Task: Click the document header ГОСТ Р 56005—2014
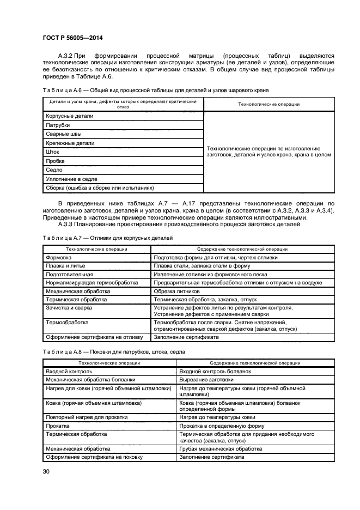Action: (x=72, y=37)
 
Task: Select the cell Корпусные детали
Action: (x=70, y=116)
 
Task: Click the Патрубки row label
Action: (x=58, y=125)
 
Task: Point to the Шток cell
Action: (x=53, y=152)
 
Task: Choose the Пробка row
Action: (x=56, y=161)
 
